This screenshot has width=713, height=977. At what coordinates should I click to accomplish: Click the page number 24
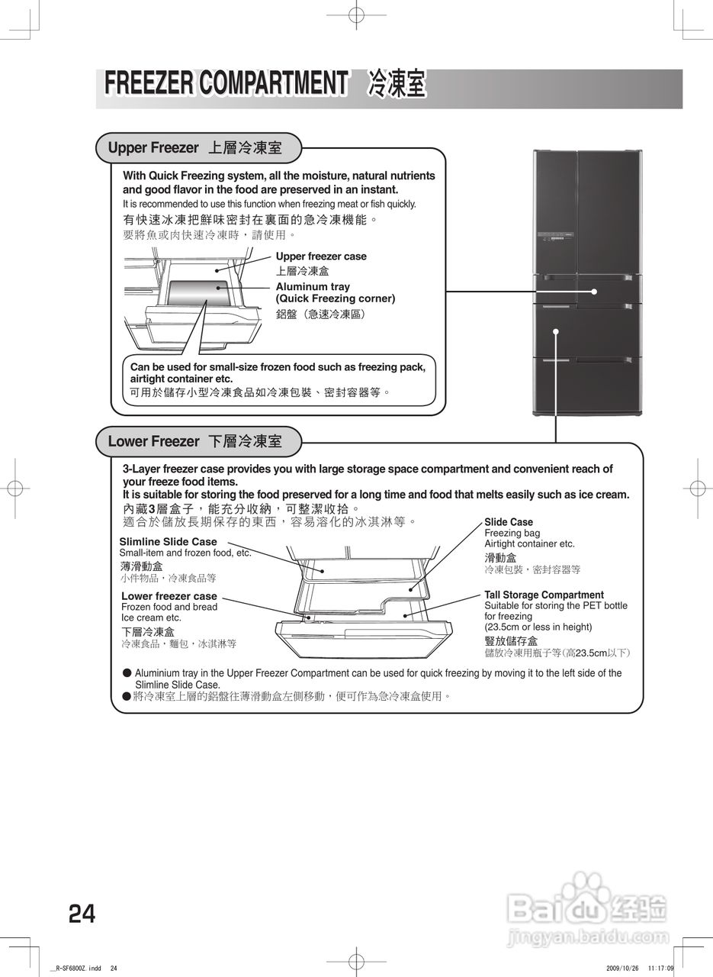(x=82, y=913)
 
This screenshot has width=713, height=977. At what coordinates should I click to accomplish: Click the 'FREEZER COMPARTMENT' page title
(x=226, y=83)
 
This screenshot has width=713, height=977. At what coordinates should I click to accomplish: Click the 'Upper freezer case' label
(x=321, y=256)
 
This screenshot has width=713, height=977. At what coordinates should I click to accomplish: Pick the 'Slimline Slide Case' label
(x=168, y=542)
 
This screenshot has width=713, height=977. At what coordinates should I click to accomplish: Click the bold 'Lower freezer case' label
(x=169, y=596)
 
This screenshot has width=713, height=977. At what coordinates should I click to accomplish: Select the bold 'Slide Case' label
(x=509, y=522)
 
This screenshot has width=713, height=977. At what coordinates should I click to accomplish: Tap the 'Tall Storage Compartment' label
(x=544, y=595)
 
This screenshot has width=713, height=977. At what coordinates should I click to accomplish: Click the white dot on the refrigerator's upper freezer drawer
(x=594, y=292)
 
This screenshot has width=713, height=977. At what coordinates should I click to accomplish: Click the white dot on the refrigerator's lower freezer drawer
(x=557, y=331)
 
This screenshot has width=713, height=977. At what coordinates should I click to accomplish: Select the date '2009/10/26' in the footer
(x=622, y=968)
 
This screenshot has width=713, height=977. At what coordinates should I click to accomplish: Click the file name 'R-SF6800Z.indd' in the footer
(x=77, y=968)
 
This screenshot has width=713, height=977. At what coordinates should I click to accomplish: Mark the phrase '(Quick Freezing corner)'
(x=336, y=298)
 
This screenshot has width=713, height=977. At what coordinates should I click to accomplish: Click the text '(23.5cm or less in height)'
(x=538, y=627)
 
